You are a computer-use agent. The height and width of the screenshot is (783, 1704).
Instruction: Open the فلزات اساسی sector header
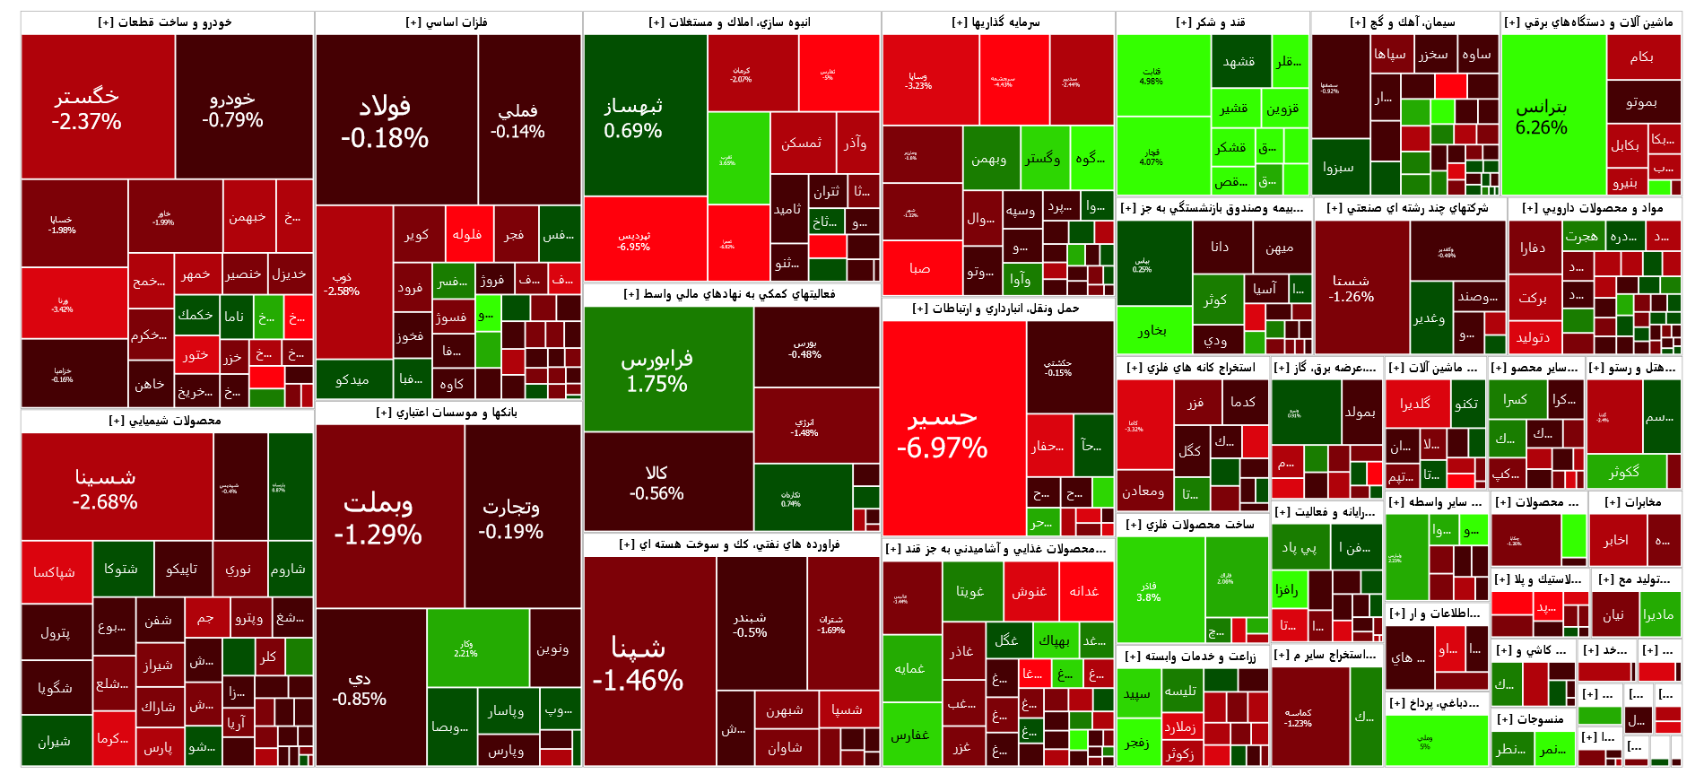[x=448, y=22]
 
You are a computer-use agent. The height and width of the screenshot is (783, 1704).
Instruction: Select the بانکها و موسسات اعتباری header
[x=448, y=413]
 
